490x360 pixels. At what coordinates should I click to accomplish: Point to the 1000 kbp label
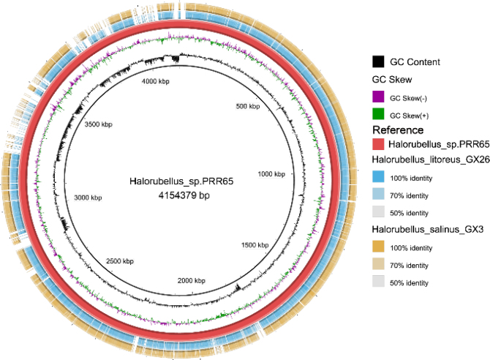pos(274,173)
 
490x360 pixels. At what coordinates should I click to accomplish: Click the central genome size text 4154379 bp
pos(179,196)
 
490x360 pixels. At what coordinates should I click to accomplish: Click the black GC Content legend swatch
pos(378,61)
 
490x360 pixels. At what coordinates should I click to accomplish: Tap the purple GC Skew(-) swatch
pos(378,97)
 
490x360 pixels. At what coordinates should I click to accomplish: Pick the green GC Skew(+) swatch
pos(378,115)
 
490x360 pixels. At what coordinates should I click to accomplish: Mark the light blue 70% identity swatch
pos(378,195)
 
